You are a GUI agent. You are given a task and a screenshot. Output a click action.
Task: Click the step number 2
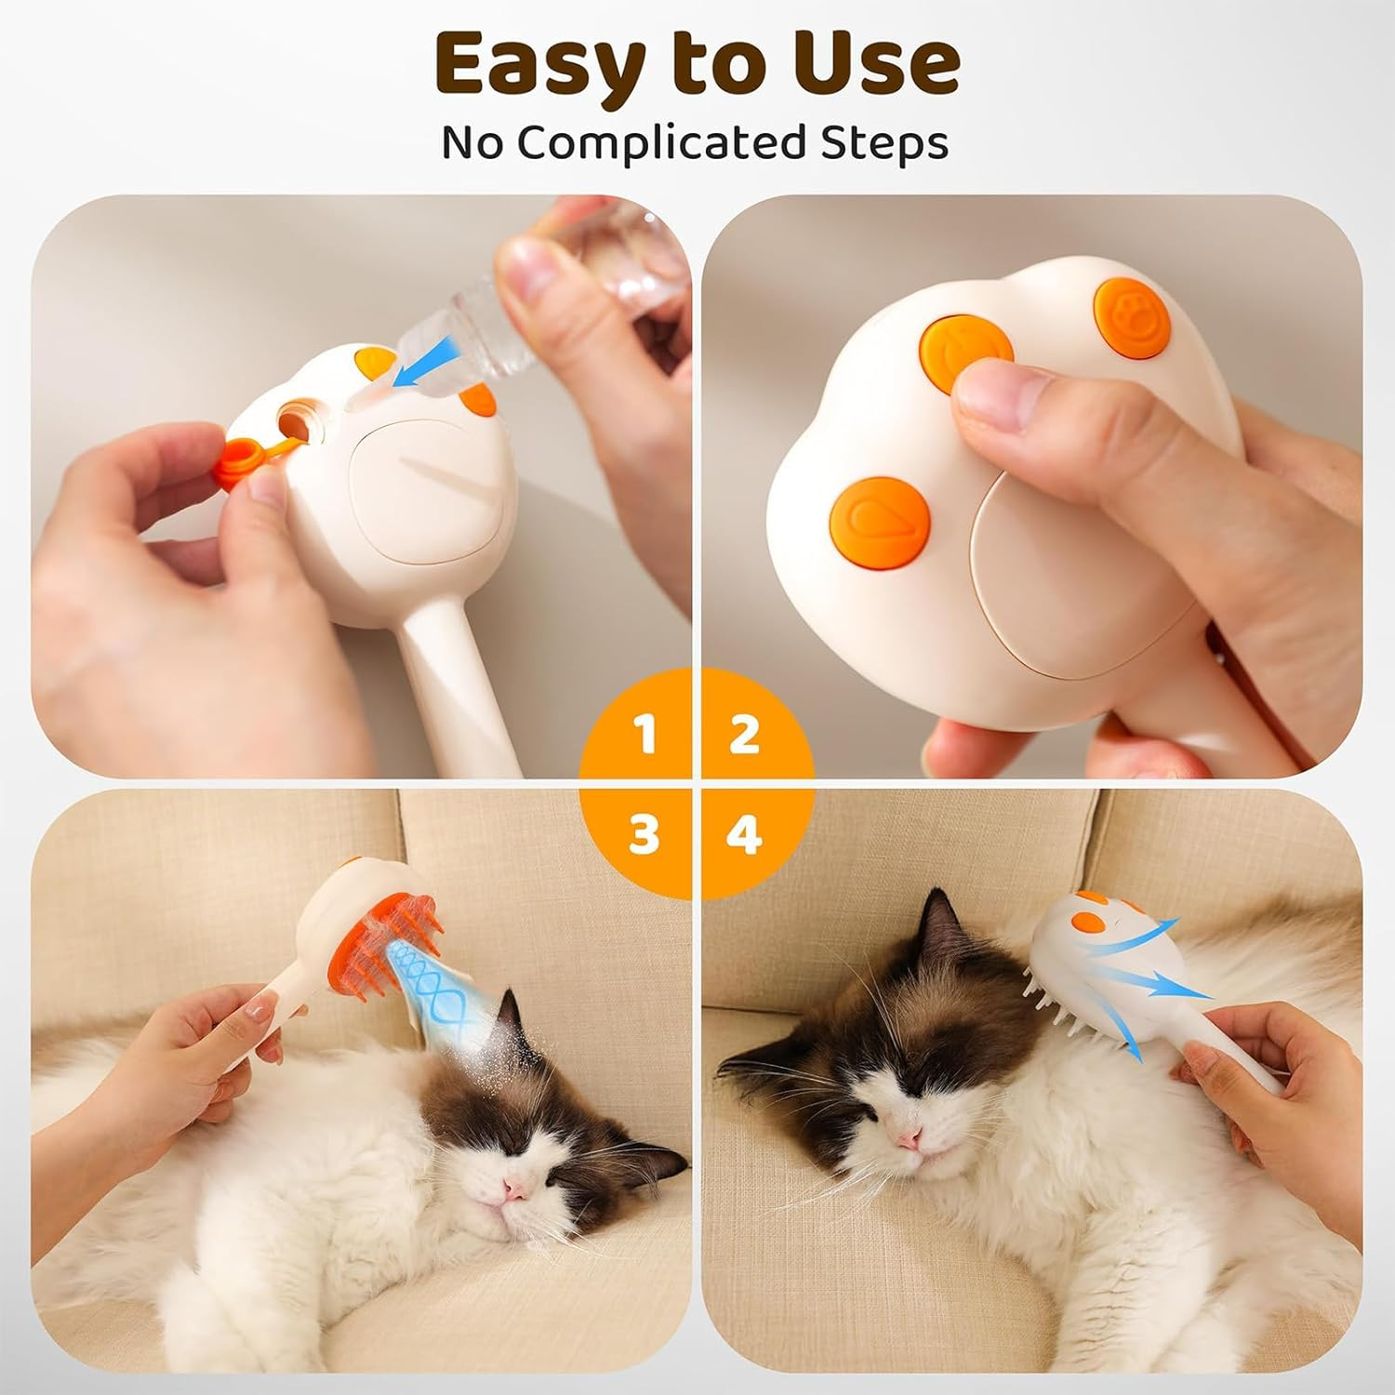[744, 735]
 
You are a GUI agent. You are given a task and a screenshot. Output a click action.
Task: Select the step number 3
[644, 834]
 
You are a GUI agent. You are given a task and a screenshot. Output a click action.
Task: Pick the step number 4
[744, 834]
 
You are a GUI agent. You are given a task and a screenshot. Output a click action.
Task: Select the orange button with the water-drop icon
[880, 519]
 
